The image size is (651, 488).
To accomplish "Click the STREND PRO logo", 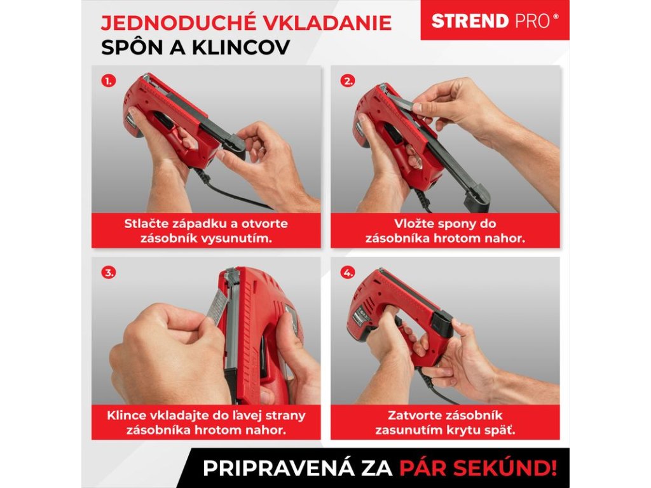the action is point(495,20).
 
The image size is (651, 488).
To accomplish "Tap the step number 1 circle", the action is point(108,81).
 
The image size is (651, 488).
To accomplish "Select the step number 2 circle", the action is point(348,81).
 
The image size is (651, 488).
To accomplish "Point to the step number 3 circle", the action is point(108,273).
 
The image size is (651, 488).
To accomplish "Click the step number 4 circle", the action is point(348,273).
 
